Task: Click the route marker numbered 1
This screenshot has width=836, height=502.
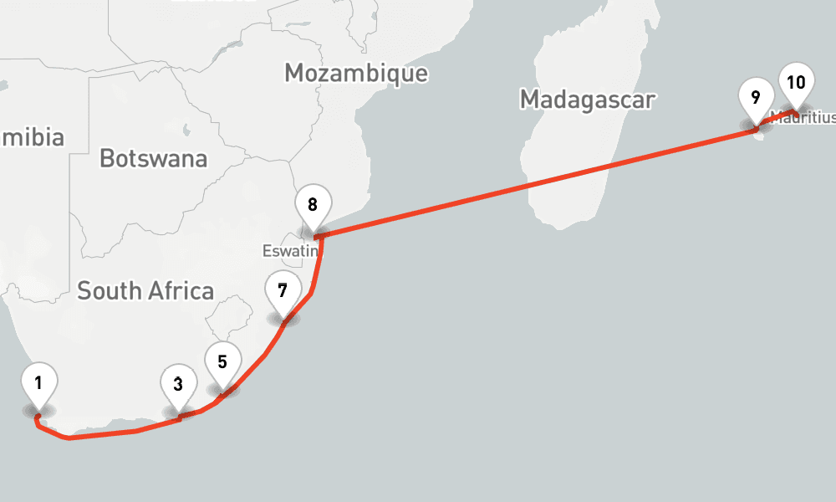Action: [38, 384]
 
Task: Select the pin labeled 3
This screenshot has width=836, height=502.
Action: [179, 386]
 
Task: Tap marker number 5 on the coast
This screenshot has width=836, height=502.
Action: [222, 363]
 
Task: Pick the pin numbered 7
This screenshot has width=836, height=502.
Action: [283, 291]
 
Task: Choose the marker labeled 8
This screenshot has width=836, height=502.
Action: [313, 205]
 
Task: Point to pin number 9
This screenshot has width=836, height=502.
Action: [756, 98]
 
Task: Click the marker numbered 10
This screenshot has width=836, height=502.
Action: [796, 83]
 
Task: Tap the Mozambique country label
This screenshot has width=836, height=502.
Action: [356, 73]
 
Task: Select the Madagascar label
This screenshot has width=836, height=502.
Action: [587, 100]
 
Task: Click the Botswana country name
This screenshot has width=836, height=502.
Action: [153, 158]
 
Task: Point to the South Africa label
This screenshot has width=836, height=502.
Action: [145, 291]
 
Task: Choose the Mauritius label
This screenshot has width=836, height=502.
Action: [803, 118]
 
